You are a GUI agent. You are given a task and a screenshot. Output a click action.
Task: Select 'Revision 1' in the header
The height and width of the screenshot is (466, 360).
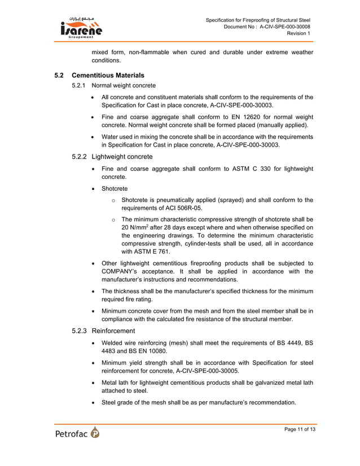(298, 33)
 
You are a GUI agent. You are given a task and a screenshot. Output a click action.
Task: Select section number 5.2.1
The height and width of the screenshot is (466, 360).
(79, 86)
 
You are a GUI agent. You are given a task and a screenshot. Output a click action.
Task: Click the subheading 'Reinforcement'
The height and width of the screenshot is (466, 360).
(115, 331)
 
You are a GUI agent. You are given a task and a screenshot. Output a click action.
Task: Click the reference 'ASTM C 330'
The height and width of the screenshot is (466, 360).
(249, 169)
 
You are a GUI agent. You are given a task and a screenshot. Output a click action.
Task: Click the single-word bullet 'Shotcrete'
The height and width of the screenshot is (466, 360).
(114, 188)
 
